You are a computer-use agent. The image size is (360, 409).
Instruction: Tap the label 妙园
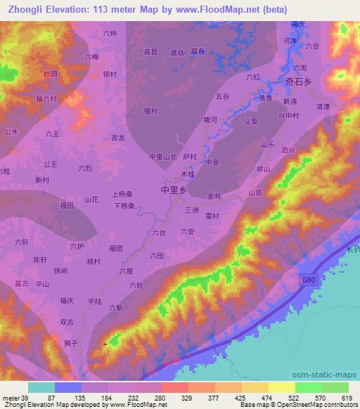tap(47, 73)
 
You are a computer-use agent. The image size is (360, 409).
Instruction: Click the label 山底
tap(255, 192)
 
